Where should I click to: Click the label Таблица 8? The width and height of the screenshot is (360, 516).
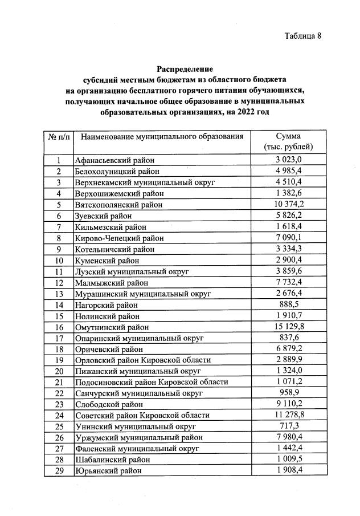pos(303,36)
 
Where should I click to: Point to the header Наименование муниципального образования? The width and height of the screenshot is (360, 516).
pos(162,137)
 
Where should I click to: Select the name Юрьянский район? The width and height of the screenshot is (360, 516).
pos(108,471)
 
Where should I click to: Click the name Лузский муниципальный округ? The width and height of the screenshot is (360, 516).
pos(132,271)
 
